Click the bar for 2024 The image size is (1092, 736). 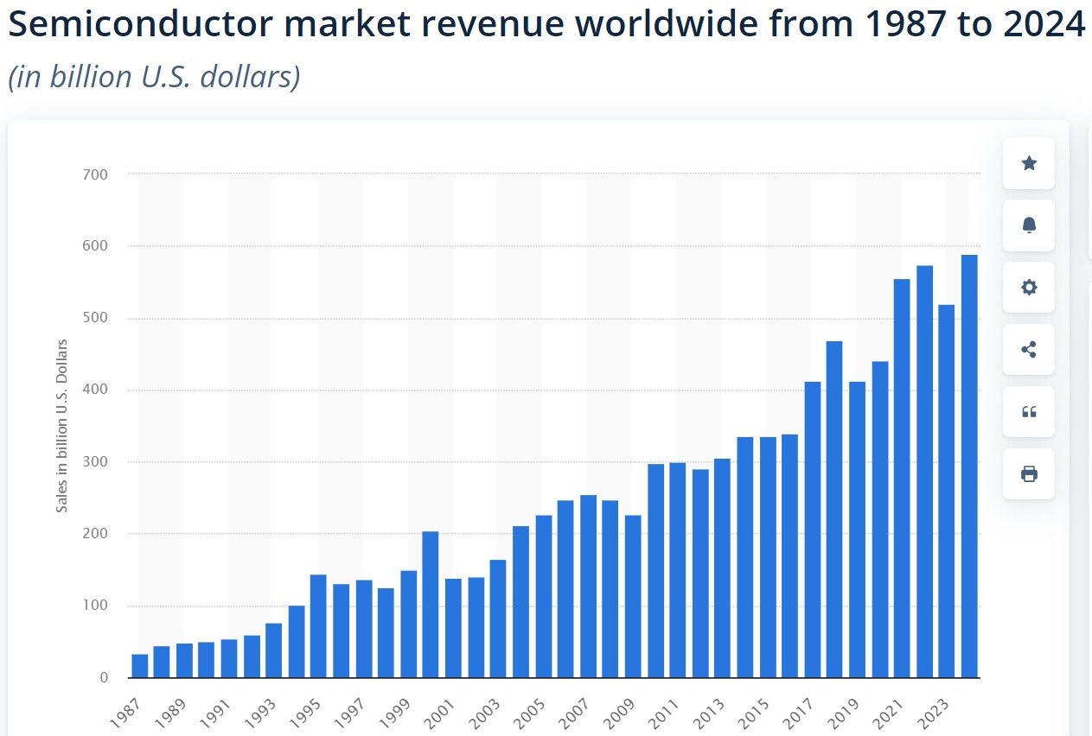point(969,466)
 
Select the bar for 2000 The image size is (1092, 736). point(431,605)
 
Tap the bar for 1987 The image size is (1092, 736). point(140,666)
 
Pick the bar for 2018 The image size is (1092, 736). point(834,510)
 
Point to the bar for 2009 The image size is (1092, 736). point(633,596)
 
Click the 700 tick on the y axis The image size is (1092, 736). point(97,174)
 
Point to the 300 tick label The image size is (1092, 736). point(97,462)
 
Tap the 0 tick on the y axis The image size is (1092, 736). point(104,678)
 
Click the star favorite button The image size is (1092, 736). point(1029,163)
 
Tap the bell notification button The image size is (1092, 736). point(1029,225)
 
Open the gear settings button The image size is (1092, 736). point(1029,288)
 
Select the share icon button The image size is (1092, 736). point(1029,350)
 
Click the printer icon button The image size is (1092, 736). point(1029,473)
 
